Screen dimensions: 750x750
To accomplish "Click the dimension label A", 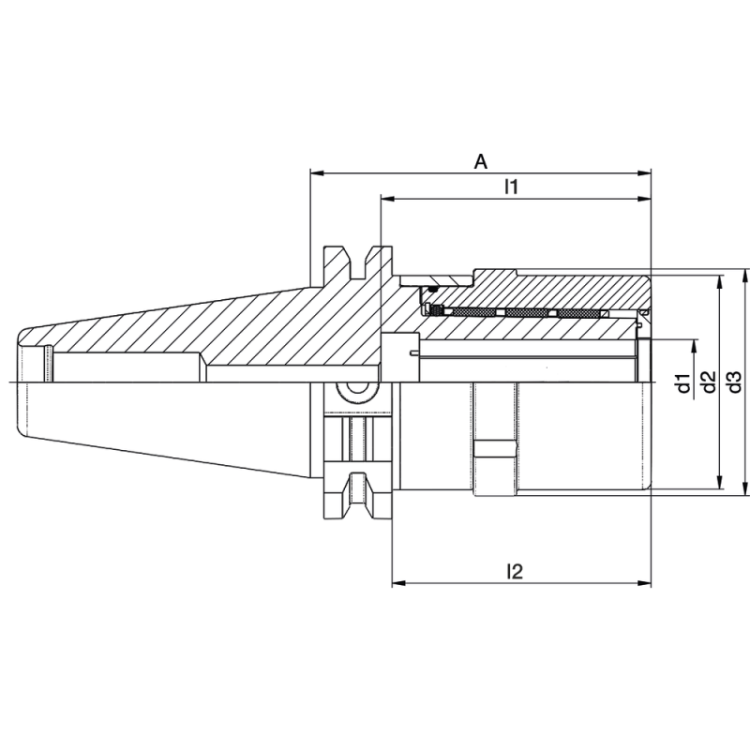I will (480, 161).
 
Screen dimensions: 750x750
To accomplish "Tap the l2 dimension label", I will (513, 571).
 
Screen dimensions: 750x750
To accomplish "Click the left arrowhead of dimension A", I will (317, 173).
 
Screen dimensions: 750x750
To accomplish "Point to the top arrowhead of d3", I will (746, 276).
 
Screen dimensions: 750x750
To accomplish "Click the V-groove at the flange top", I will (357, 262).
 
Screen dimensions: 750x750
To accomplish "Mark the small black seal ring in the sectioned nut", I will (434, 310).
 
